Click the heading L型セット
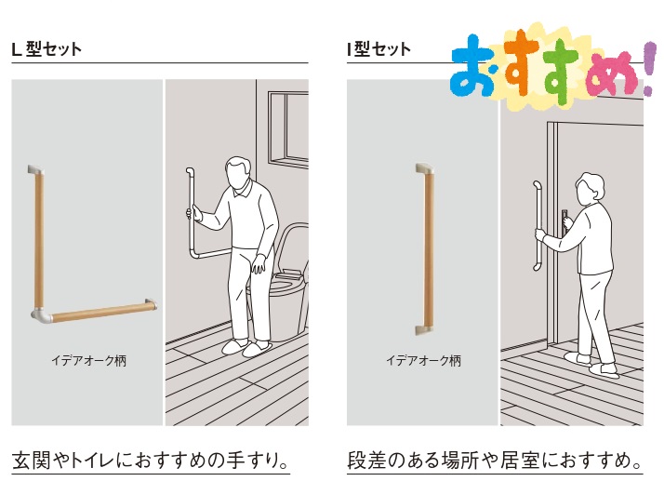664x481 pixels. coord(46,49)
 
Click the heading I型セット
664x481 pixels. coord(378,49)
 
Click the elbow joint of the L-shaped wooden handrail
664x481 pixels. coord(41,314)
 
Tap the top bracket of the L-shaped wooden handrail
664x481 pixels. coord(35,169)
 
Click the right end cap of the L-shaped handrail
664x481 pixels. coord(151,304)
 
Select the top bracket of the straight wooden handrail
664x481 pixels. coord(425,168)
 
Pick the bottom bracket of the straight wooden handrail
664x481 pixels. coord(424,330)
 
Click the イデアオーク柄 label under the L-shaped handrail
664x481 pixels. coord(89,361)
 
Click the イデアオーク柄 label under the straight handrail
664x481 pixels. coord(423,361)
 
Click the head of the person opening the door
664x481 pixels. coord(590,187)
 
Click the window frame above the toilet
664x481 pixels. coord(288,129)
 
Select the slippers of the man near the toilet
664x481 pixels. coord(246,347)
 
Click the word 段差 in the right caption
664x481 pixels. coord(366,461)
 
